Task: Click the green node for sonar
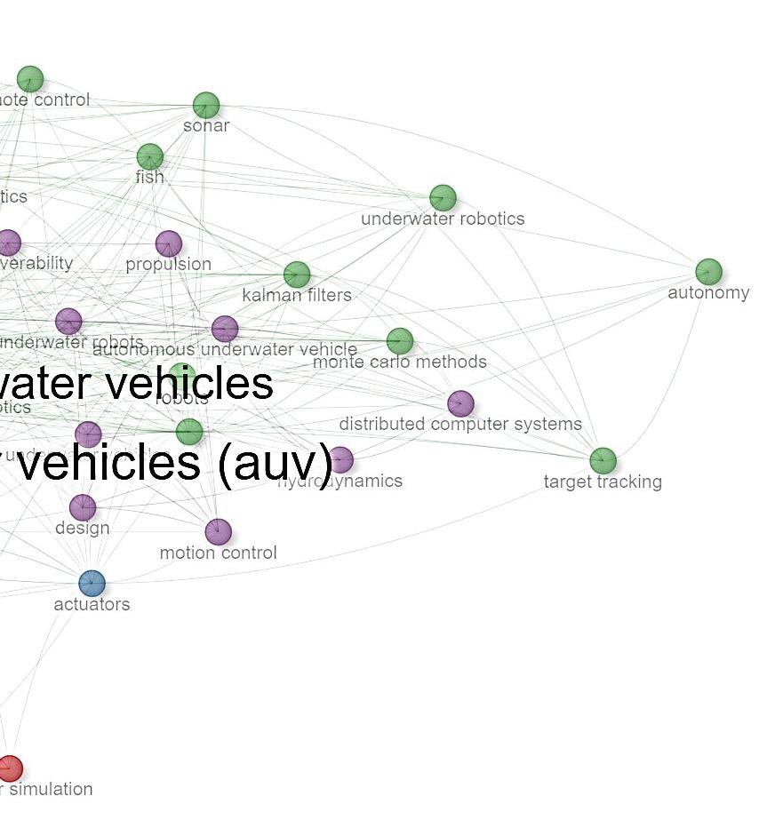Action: [x=206, y=105]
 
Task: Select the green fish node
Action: [x=150, y=156]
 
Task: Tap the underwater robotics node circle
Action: [x=443, y=197]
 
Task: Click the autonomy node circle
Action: [x=708, y=271]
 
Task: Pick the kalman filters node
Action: [x=297, y=275]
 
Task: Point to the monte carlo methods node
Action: [x=400, y=340]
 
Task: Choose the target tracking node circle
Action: [x=603, y=460]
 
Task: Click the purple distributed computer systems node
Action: [x=460, y=403]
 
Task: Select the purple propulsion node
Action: [x=169, y=243]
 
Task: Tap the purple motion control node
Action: [x=219, y=531]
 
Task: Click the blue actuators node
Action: [x=92, y=583]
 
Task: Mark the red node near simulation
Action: [x=10, y=768]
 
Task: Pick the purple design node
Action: [x=83, y=507]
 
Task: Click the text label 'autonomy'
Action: [x=708, y=293]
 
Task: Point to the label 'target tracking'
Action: [x=603, y=482]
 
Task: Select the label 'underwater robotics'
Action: [x=443, y=219]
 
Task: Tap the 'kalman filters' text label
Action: [x=297, y=295]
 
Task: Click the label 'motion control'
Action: [x=219, y=553]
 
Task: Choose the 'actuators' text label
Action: [x=92, y=604]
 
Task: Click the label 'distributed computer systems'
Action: [x=460, y=425]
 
